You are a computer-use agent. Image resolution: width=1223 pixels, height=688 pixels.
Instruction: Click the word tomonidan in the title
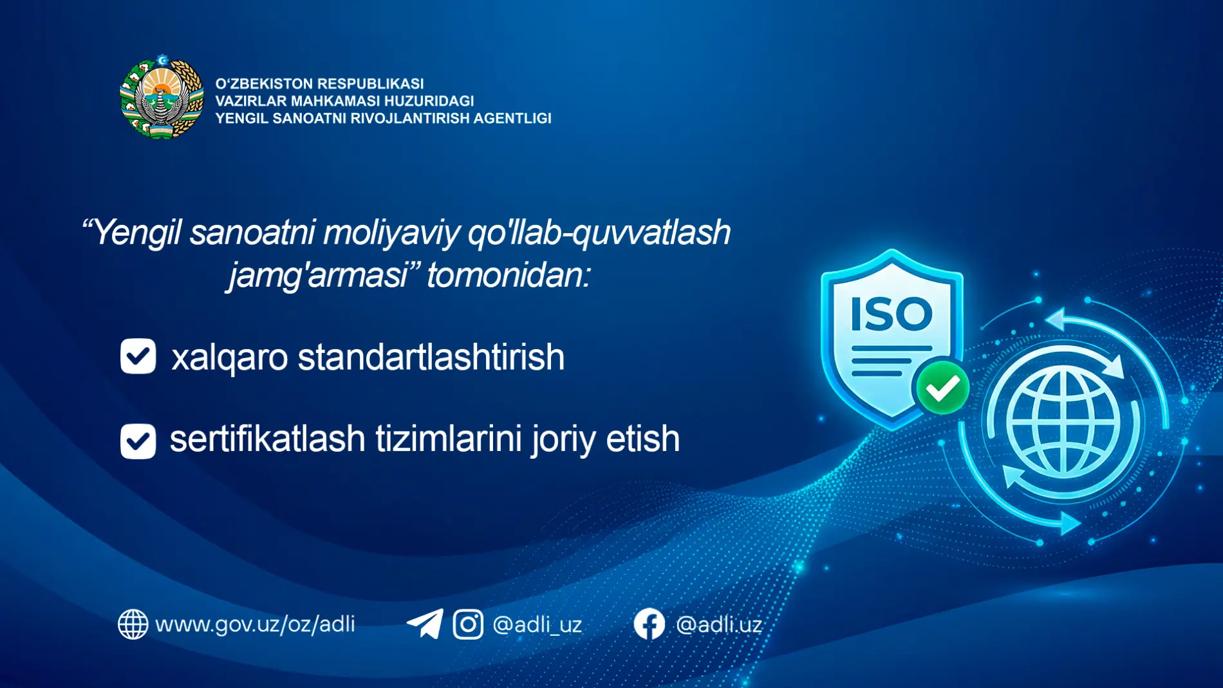[508, 275]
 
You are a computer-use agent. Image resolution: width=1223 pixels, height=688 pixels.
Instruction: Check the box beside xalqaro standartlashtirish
[138, 356]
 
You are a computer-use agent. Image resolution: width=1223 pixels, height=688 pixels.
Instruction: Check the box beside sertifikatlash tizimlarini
[138, 441]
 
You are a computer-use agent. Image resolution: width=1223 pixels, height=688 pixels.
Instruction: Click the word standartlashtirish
[431, 357]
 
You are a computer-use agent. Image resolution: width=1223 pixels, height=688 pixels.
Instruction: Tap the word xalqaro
[229, 358]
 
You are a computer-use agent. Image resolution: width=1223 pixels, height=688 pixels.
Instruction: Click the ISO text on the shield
[892, 314]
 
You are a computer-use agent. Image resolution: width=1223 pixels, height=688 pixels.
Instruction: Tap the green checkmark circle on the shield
[942, 388]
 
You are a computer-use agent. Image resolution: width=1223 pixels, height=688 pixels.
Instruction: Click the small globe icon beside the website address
[133, 624]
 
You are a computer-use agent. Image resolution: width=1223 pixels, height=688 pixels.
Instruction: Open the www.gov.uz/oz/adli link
[255, 624]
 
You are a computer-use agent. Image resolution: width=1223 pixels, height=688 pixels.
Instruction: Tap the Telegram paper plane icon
[425, 624]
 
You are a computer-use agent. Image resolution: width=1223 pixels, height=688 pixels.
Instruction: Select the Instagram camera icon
[468, 624]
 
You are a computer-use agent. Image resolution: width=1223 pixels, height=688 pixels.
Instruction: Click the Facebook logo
[649, 624]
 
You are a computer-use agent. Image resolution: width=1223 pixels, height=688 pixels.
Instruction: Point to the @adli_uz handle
[537, 624]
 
